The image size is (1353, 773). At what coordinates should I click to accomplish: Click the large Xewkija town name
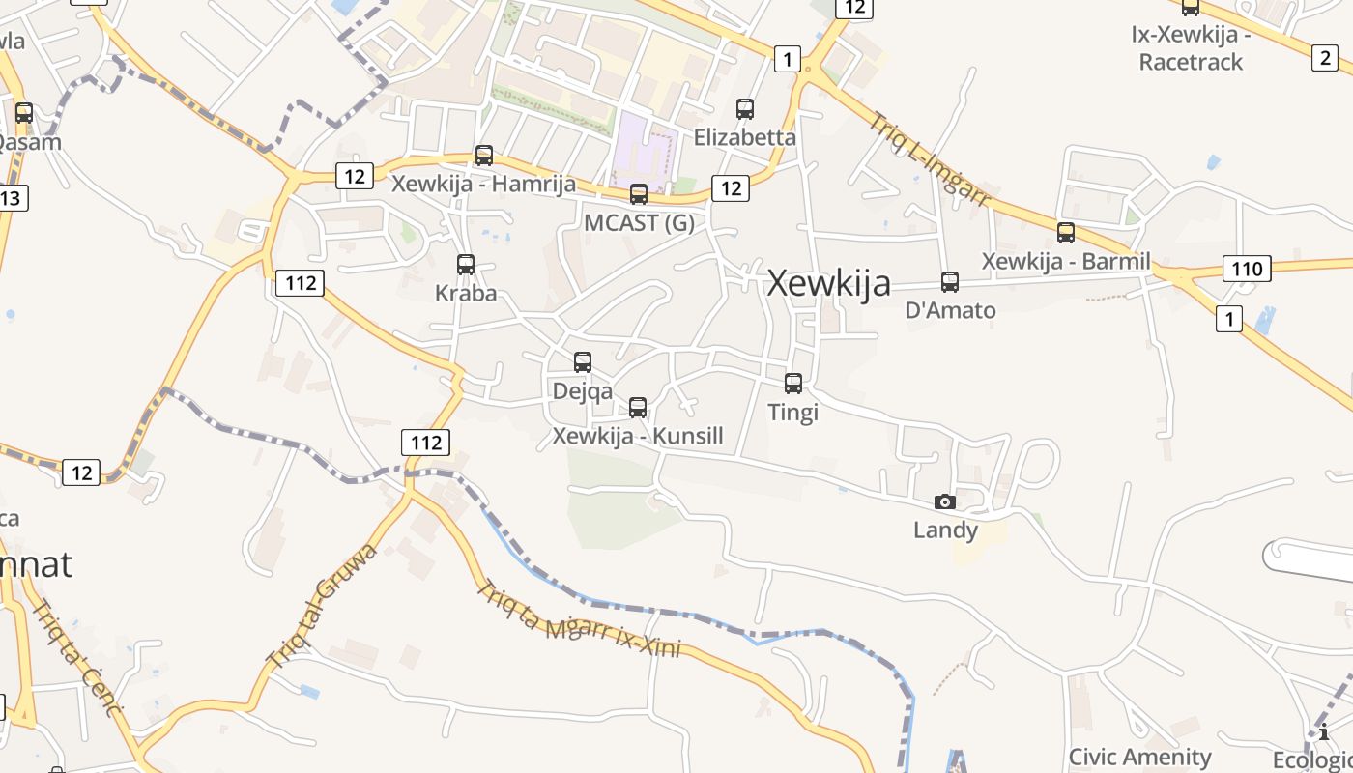coord(828,283)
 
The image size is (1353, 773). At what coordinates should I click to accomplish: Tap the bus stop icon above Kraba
coord(466,264)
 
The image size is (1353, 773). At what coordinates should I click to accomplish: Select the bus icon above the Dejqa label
coord(583,362)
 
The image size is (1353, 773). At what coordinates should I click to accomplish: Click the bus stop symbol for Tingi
coord(793,384)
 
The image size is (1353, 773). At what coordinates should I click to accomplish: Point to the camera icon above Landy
coord(945,501)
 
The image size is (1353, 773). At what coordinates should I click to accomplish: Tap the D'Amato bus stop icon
coord(950,282)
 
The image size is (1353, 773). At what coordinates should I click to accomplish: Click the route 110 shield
coord(1247,269)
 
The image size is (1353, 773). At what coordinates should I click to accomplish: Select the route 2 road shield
coord(1324,58)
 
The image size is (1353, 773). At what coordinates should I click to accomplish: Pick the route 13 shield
coord(11,198)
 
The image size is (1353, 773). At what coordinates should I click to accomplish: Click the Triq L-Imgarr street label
coord(930,160)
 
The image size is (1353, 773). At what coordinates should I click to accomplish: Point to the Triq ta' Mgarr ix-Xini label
coord(580,619)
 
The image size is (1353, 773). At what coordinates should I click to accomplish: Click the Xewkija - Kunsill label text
coord(638,436)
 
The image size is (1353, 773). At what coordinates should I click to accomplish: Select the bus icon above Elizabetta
coord(745,109)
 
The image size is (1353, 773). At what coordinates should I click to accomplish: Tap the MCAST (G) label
coord(639,222)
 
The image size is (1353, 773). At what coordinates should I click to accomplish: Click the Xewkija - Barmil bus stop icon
coord(1066,233)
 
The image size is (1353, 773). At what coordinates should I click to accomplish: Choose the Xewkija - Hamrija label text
coord(483,184)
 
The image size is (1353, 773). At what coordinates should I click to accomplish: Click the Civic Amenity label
coord(1139,757)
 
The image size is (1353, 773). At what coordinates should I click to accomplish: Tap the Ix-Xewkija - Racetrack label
coord(1191,48)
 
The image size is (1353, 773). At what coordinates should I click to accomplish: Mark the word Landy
coord(945,530)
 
